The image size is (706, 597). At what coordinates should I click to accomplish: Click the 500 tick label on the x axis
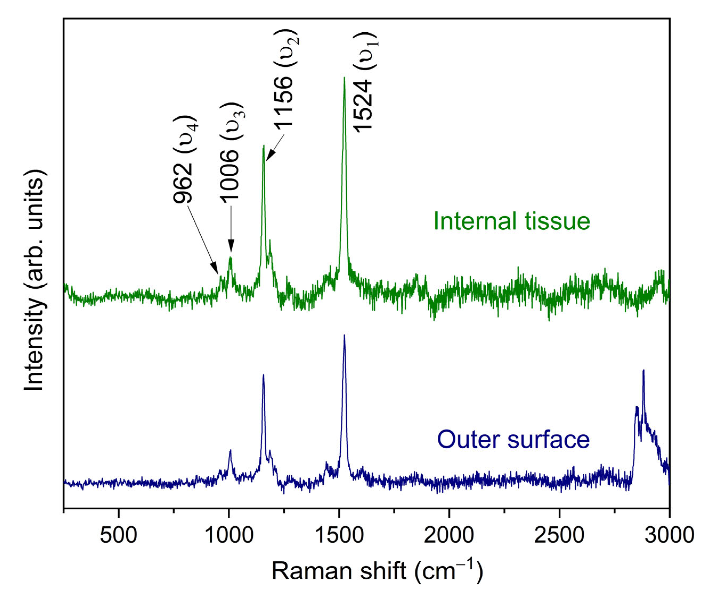point(118,536)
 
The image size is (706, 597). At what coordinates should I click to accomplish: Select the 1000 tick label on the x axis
point(229,536)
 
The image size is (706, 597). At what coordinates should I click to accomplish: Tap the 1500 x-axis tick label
point(339,536)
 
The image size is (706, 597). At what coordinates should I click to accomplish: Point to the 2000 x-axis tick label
point(449,536)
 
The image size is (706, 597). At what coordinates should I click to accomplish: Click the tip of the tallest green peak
point(344,78)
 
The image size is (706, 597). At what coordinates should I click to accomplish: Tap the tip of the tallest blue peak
point(344,335)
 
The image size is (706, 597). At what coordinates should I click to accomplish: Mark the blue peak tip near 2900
point(643,370)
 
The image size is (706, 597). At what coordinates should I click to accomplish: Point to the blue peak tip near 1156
point(263,375)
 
